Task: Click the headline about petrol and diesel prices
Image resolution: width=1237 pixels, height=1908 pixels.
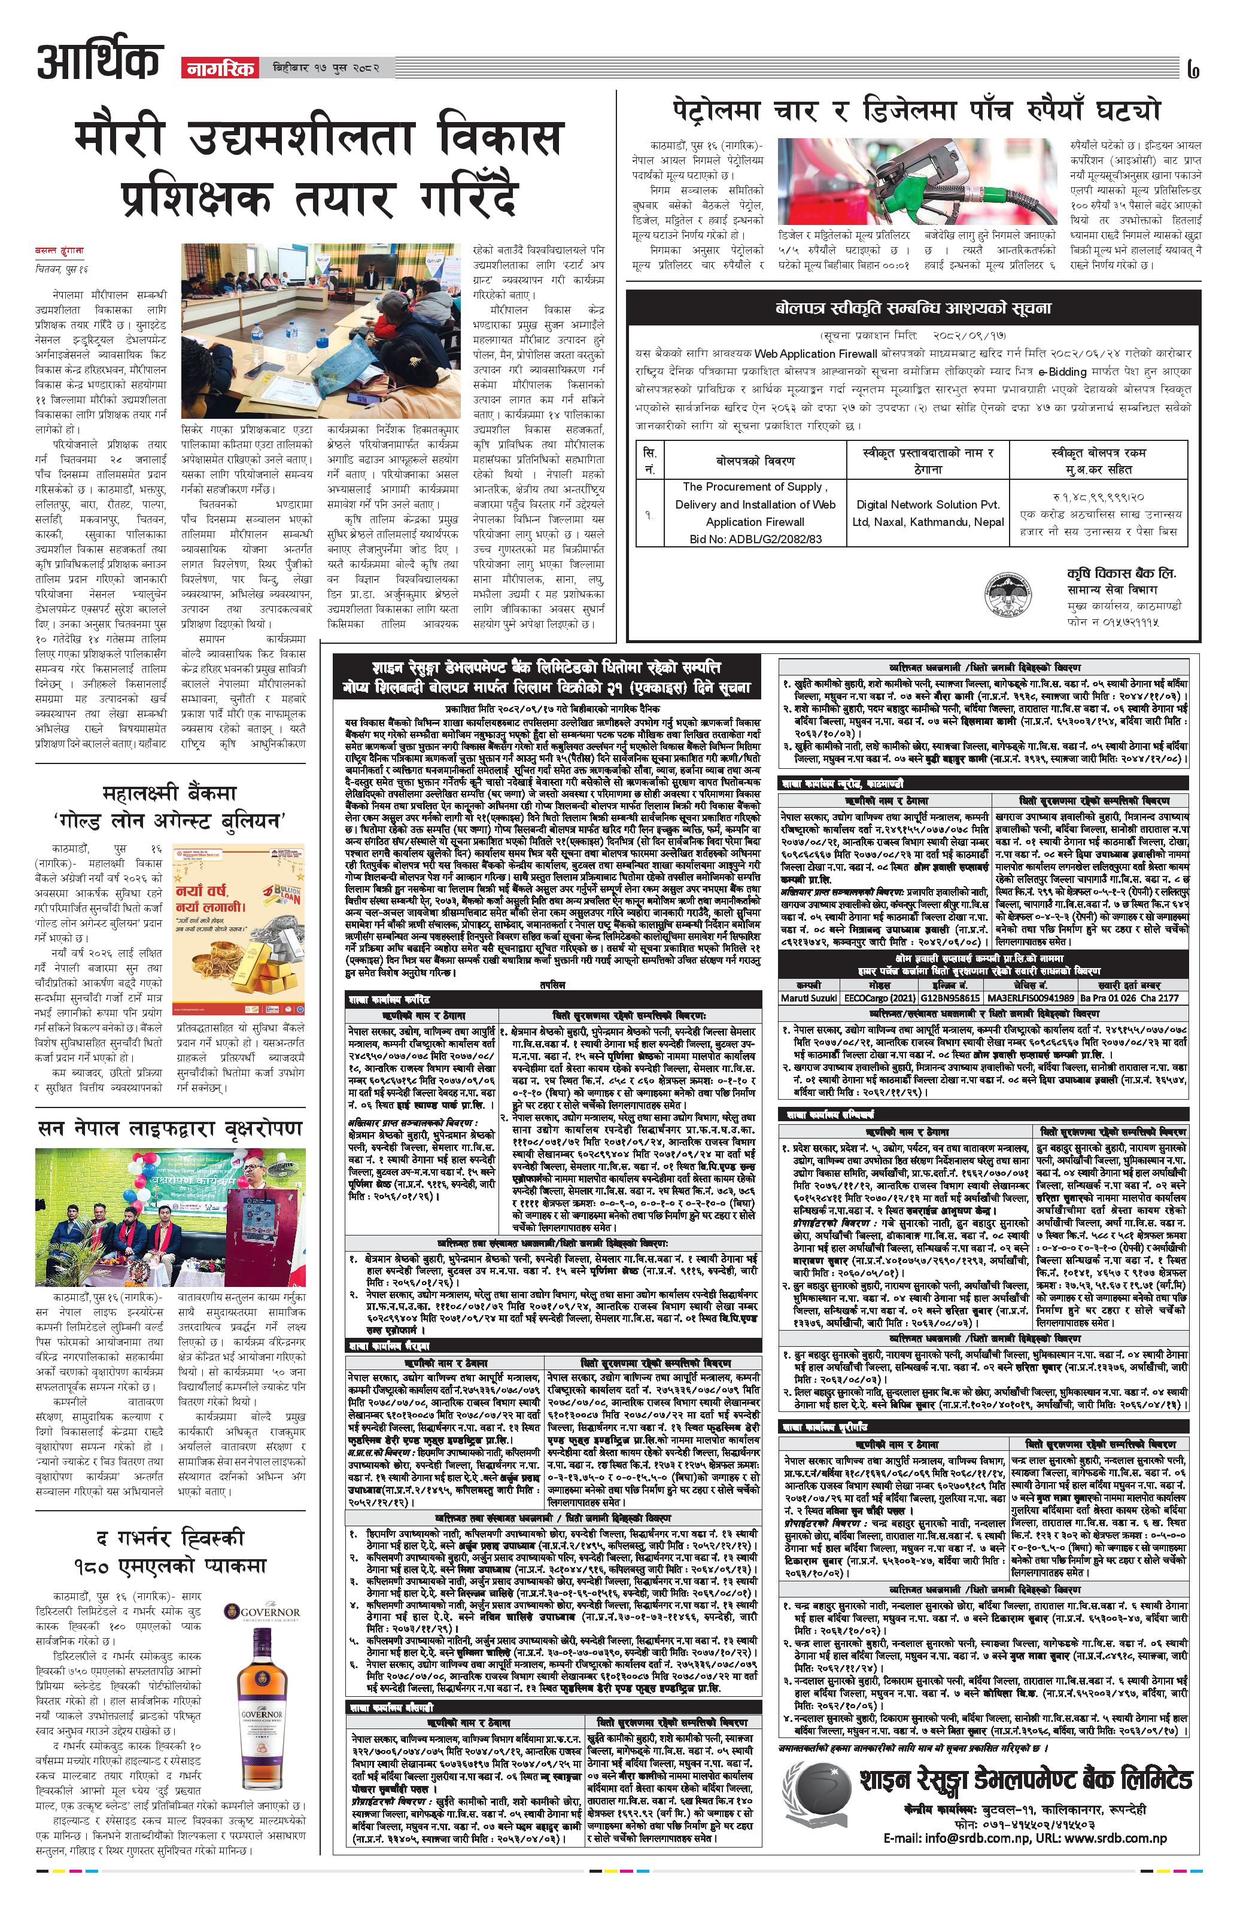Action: pyautogui.click(x=916, y=110)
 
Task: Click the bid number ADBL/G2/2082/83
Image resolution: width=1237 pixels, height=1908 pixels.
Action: pyautogui.click(x=755, y=538)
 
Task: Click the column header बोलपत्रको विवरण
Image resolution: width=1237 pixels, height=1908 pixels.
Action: pyautogui.click(x=755, y=461)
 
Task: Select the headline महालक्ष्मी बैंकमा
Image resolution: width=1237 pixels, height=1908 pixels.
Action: pyautogui.click(x=170, y=793)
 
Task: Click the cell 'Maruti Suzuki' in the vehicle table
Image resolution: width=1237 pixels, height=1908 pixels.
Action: pyautogui.click(x=809, y=998)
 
